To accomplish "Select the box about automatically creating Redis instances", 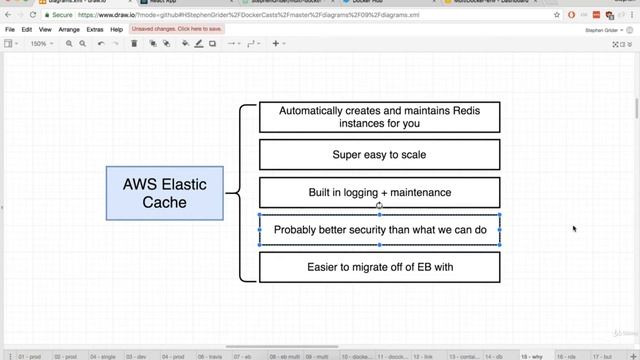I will coord(379,117).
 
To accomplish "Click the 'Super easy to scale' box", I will coord(379,155).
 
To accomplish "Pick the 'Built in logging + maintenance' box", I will coord(379,192).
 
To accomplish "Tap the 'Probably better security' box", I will coord(379,229).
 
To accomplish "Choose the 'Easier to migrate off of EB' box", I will coord(379,267).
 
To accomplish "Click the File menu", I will coord(10,30).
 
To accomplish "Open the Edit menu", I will coord(28,30).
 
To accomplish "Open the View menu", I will coord(47,30).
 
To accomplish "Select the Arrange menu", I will coord(69,30).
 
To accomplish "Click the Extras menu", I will coord(95,30).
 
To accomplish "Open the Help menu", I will coord(117,30).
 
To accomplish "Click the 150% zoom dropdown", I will coord(40,44).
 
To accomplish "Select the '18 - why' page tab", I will coord(533,355).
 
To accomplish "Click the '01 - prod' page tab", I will coord(29,355).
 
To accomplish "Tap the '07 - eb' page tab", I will coord(243,355).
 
